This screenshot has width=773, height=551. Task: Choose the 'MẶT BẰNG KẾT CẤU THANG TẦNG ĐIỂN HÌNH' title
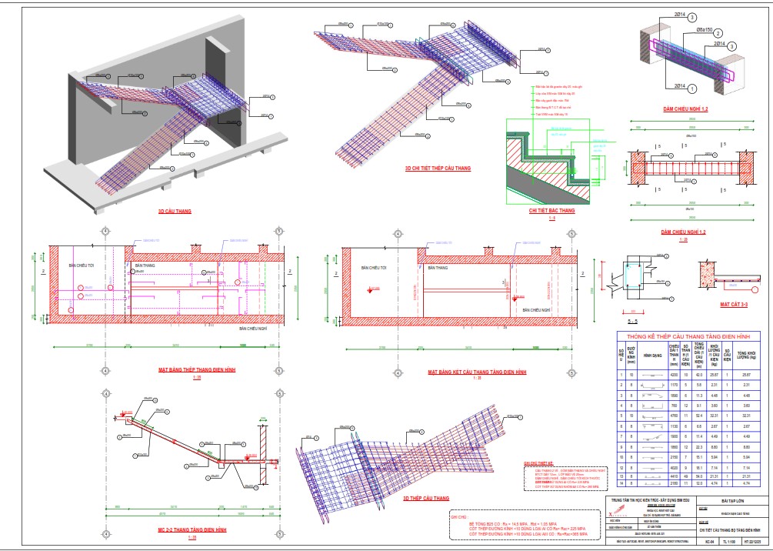pos(477,372)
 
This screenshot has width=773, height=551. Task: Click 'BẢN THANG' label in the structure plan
pos(436,268)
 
